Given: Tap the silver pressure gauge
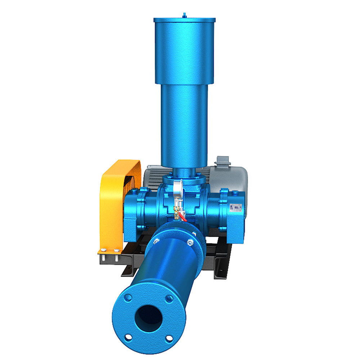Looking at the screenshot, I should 177,188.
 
